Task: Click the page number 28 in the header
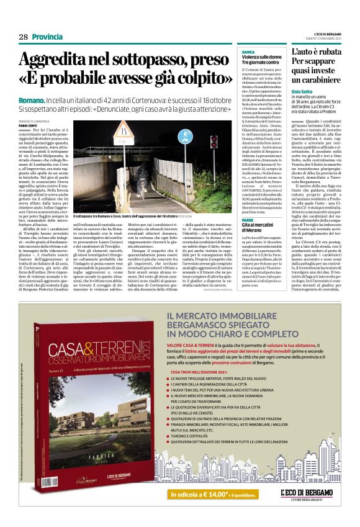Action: click(x=23, y=37)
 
